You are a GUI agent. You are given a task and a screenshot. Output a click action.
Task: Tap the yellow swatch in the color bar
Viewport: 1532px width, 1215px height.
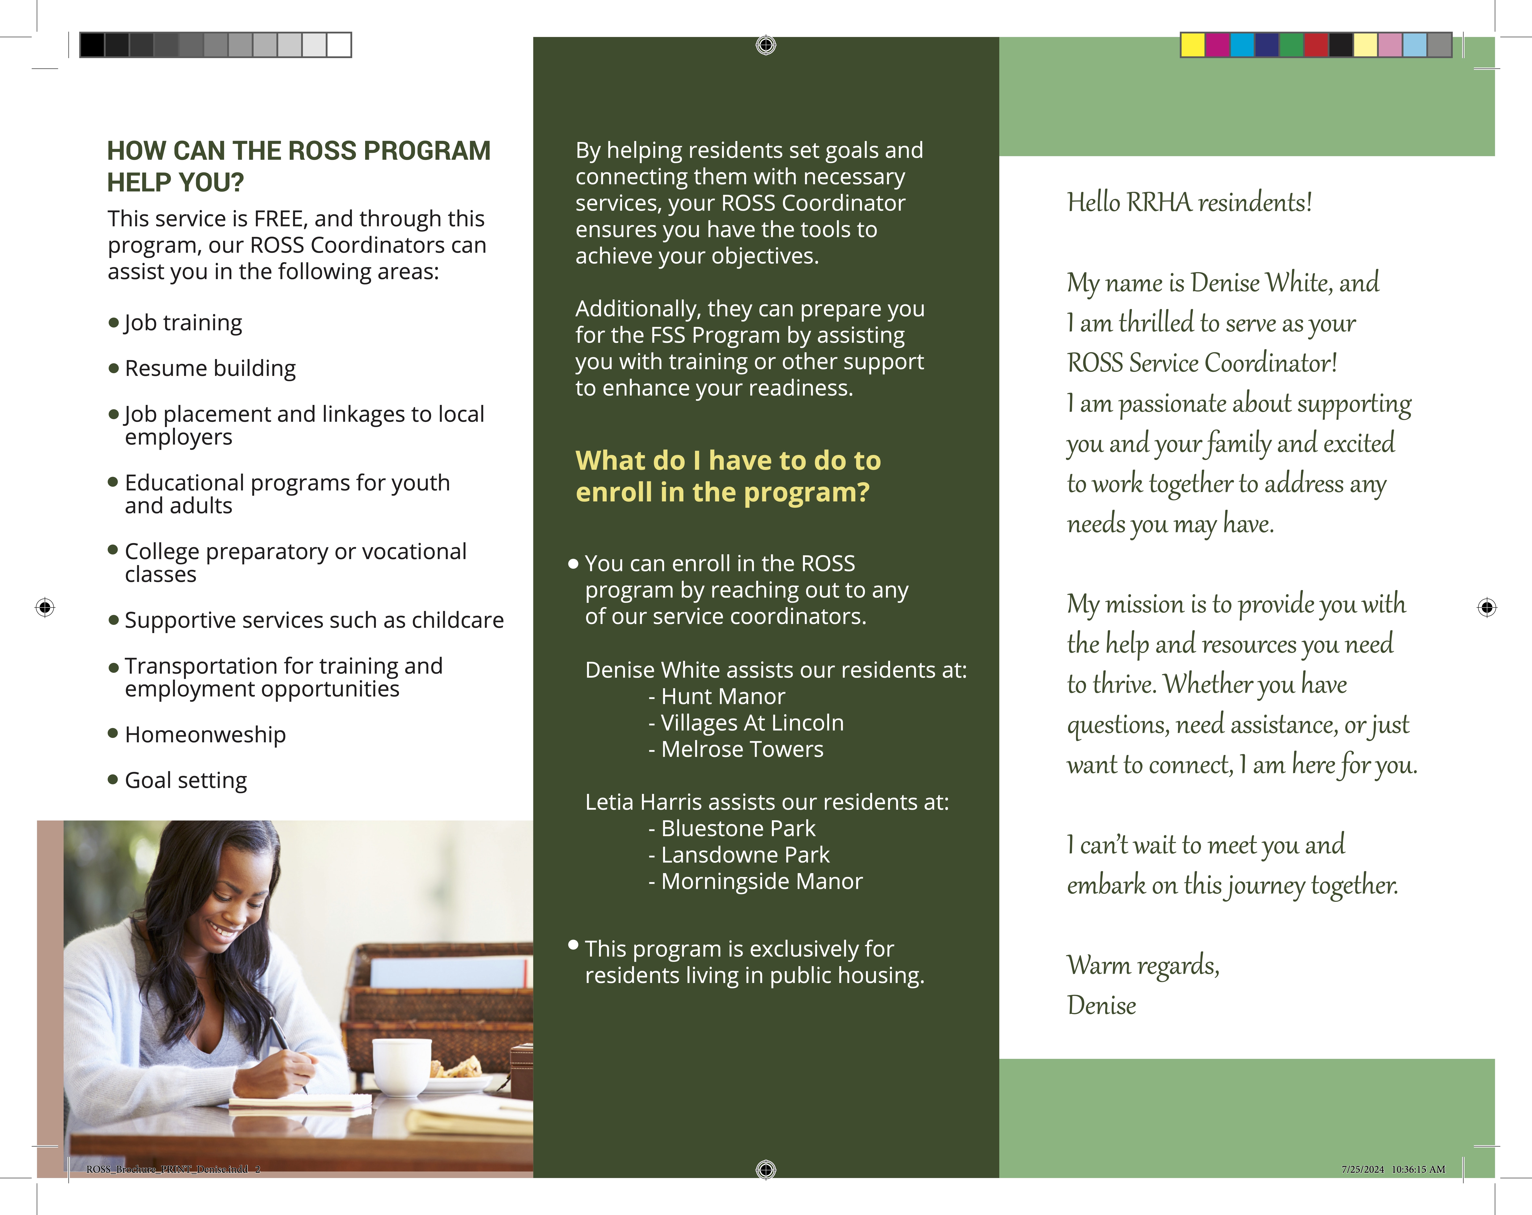coord(1192,45)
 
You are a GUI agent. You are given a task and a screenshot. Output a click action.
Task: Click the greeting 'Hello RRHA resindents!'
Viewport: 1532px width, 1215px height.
coord(1189,202)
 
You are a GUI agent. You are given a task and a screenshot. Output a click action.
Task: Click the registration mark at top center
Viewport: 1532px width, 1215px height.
coord(765,45)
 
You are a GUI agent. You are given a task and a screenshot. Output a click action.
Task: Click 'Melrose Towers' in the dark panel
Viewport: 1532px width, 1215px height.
coord(742,750)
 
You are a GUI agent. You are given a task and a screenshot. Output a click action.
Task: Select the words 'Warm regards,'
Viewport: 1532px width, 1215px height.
coord(1143,966)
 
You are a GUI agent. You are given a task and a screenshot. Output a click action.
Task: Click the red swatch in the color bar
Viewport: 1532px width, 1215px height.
coord(1316,45)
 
